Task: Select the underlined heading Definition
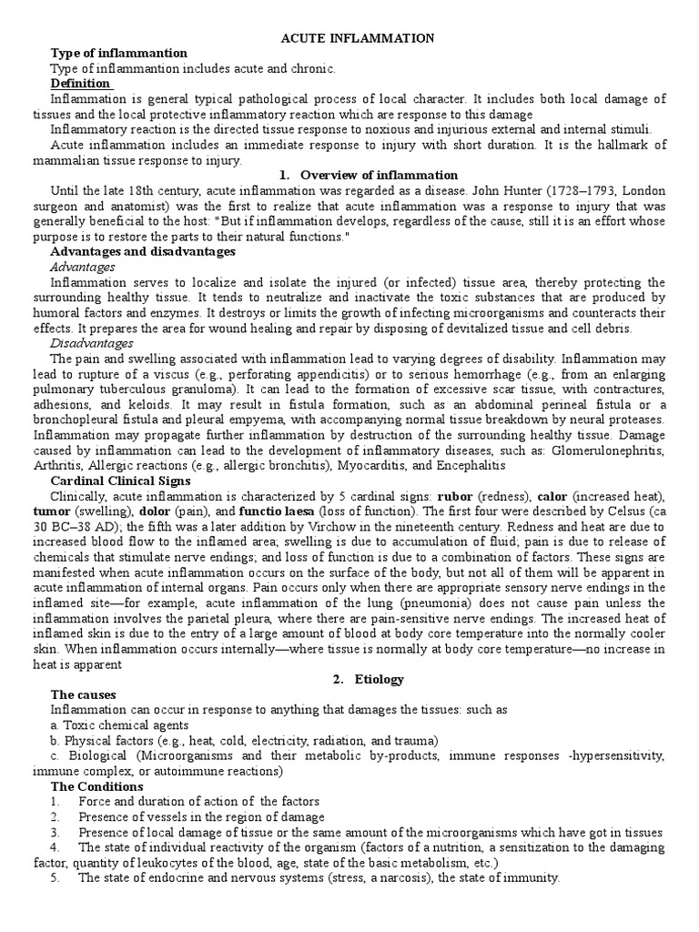click(81, 83)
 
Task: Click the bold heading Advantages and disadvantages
click(143, 251)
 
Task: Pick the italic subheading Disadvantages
click(91, 343)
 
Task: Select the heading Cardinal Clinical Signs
click(121, 481)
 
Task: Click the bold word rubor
click(455, 496)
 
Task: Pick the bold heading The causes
click(85, 694)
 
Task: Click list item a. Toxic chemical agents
click(119, 725)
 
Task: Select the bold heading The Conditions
click(97, 786)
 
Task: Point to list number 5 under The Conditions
click(55, 878)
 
